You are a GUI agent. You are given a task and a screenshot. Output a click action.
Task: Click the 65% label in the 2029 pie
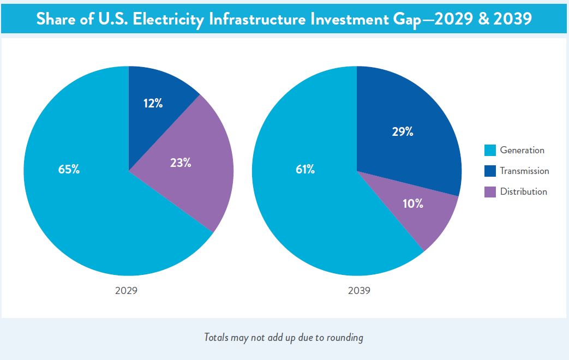click(69, 169)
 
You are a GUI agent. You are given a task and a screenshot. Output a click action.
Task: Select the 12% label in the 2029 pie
click(153, 103)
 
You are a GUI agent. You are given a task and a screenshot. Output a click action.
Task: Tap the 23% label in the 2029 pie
click(180, 163)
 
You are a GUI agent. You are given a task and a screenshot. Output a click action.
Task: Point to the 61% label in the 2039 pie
click(305, 169)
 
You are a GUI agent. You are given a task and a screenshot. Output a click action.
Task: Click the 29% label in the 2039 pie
click(403, 131)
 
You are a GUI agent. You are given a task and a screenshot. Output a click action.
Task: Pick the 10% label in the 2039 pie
click(413, 204)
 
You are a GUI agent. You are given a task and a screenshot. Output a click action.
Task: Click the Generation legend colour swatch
click(490, 151)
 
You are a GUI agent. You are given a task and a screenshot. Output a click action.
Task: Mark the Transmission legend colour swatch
click(490, 171)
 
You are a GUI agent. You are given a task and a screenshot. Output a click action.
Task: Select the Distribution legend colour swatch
click(490, 192)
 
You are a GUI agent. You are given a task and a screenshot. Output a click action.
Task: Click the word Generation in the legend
click(522, 151)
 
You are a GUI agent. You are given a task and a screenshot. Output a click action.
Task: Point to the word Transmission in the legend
click(524, 171)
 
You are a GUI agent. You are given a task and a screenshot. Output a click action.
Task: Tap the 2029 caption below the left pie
click(126, 291)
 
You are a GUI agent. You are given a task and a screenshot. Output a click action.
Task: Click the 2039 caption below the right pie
click(359, 291)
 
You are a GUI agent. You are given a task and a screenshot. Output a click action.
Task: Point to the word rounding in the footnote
click(345, 338)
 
